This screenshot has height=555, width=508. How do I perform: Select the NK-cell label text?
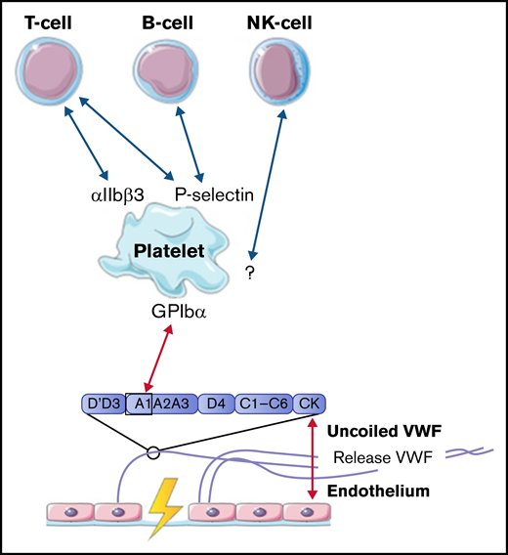pos(297,21)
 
